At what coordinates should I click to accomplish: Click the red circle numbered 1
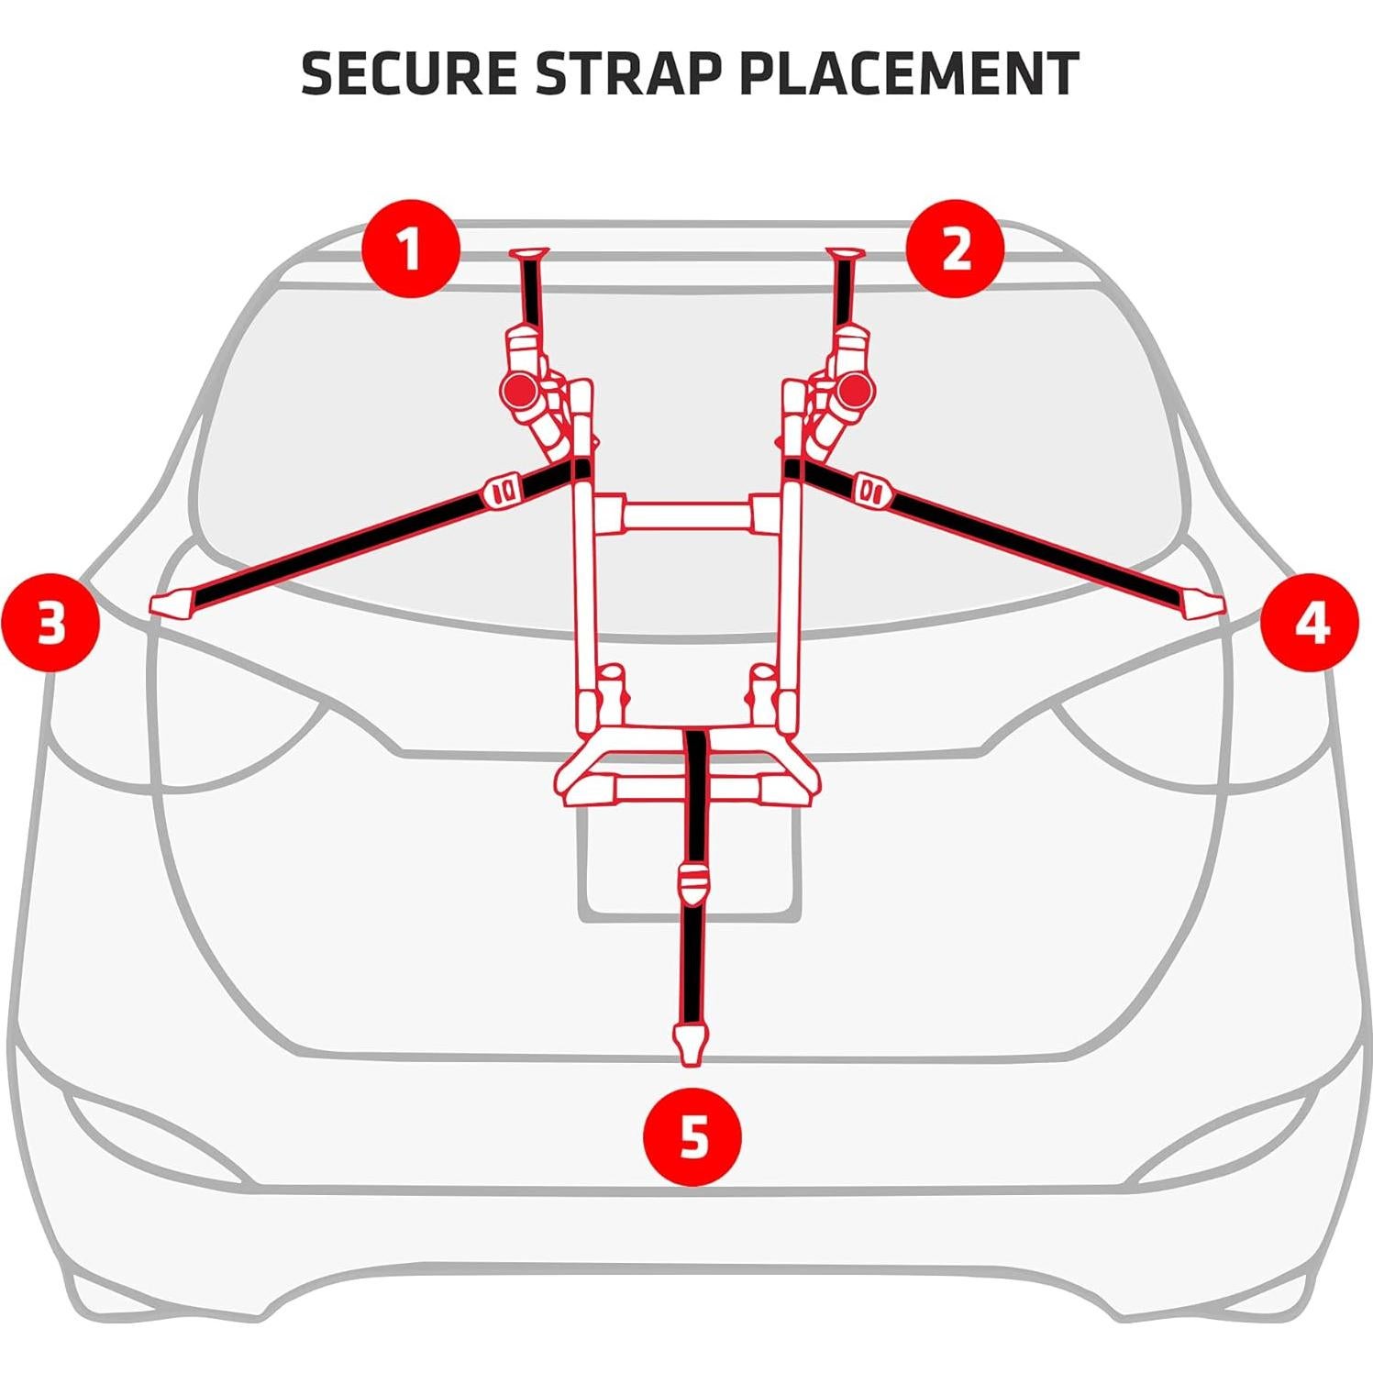[x=410, y=249]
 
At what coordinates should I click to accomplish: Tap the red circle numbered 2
[x=956, y=249]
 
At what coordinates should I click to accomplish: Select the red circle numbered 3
[x=50, y=625]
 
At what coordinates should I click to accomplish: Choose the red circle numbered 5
[x=693, y=1138]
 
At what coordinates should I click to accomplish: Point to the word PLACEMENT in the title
[x=908, y=74]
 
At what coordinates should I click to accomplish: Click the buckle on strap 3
[x=503, y=491]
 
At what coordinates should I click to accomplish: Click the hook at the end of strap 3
[x=171, y=603]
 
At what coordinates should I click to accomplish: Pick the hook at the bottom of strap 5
[x=692, y=1045]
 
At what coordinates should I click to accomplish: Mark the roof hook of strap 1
[x=531, y=253]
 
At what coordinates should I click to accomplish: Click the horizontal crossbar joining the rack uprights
[x=687, y=514]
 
